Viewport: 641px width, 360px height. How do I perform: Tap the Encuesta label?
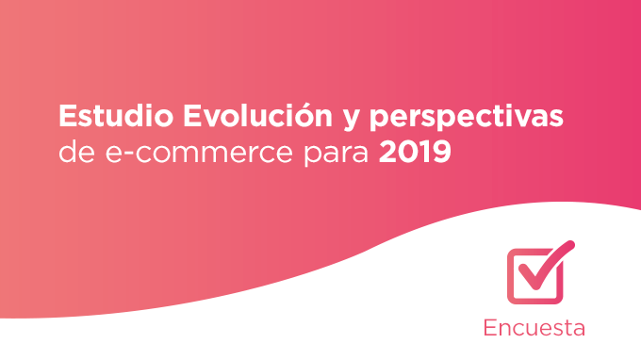pyautogui.click(x=534, y=328)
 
